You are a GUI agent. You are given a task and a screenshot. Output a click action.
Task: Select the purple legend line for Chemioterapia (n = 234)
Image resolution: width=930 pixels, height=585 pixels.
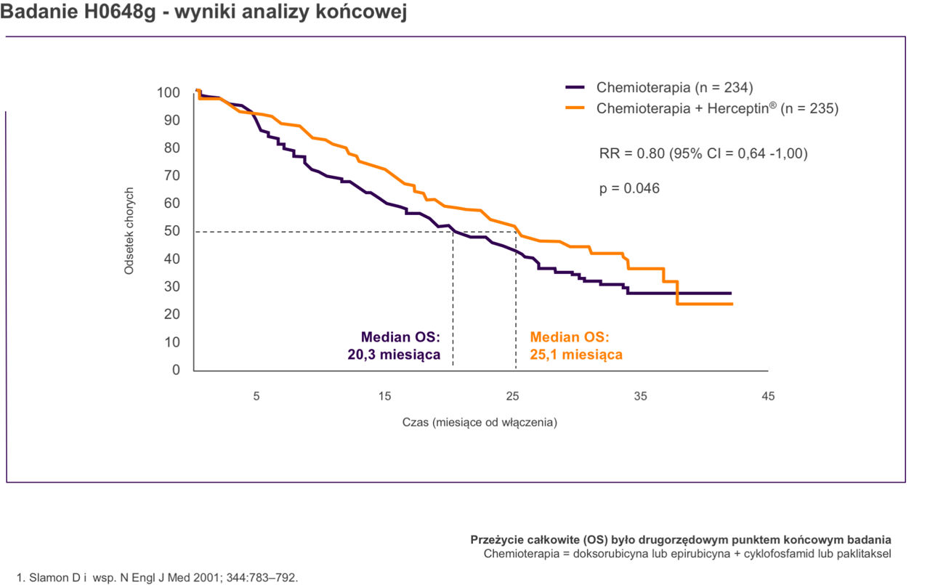[x=575, y=87]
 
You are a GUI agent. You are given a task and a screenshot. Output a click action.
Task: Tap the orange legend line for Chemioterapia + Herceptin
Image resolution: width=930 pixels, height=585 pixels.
[x=575, y=108]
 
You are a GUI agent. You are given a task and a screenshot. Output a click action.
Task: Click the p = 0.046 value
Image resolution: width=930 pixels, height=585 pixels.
[x=629, y=188]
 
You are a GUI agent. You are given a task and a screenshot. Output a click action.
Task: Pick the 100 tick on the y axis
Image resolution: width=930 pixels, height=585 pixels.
[x=169, y=92]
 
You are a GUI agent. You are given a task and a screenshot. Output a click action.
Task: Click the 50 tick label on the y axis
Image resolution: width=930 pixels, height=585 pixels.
[x=172, y=231]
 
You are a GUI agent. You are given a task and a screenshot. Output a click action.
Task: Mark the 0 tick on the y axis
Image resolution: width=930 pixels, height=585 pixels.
[x=175, y=370]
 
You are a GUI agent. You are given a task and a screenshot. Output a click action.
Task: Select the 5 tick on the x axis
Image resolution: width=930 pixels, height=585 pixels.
[x=256, y=396]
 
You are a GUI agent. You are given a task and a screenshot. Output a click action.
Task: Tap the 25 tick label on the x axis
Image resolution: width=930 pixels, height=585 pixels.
[x=512, y=396]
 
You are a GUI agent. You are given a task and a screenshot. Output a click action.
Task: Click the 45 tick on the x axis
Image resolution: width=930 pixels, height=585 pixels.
[x=768, y=396]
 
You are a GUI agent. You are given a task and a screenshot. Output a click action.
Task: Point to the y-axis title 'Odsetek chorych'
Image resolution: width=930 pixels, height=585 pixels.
[x=130, y=231]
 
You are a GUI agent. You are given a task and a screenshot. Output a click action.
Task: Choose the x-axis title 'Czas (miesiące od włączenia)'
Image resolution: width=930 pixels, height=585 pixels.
[x=480, y=422]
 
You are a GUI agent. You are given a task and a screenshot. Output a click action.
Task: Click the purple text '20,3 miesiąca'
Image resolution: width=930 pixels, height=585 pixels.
[x=395, y=355]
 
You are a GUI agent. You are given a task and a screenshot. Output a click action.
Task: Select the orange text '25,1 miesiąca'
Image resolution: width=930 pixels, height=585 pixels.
[x=576, y=355]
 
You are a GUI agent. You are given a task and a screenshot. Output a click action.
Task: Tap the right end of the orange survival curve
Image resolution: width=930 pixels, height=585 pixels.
[x=732, y=304]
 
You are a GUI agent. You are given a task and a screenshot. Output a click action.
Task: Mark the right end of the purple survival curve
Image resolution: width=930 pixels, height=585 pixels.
[x=730, y=293]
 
